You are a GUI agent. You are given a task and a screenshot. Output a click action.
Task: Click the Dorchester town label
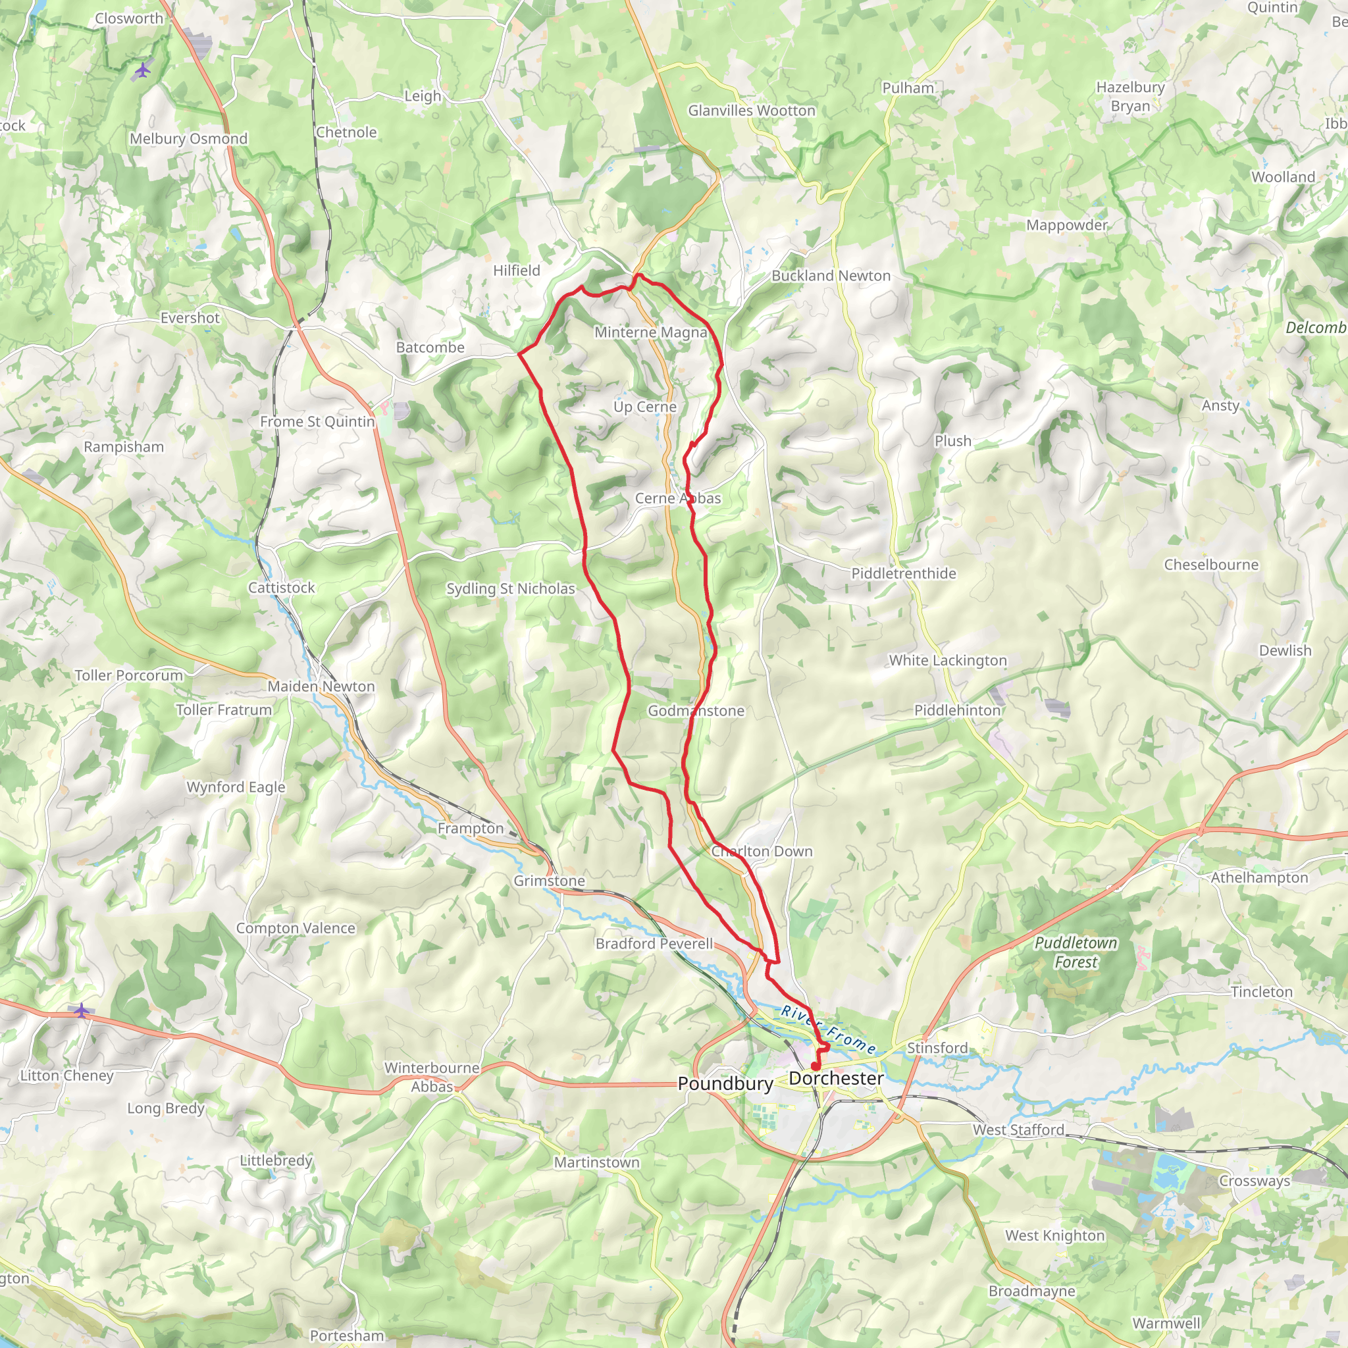(836, 1078)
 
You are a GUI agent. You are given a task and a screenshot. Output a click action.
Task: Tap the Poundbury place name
(725, 1083)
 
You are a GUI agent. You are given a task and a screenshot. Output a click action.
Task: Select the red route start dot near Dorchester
(815, 1066)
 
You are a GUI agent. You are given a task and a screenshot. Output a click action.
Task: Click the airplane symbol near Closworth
(142, 70)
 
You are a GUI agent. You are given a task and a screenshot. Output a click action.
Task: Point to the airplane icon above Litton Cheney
(82, 1010)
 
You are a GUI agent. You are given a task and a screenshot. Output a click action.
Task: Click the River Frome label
(828, 1030)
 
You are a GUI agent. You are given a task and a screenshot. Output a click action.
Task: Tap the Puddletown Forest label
(1076, 952)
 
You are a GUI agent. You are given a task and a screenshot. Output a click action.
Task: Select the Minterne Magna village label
(650, 332)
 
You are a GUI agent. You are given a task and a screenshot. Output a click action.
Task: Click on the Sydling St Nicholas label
(511, 588)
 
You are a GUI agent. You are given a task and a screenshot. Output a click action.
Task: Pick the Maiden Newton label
(321, 686)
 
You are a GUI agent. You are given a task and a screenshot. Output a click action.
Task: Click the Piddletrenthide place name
(903, 573)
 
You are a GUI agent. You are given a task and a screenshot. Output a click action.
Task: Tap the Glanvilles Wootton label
(752, 110)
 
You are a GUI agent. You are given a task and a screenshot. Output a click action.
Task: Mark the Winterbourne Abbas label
(432, 1077)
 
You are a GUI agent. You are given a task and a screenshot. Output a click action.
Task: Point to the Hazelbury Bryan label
(1130, 96)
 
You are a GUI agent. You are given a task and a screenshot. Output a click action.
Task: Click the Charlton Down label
(762, 850)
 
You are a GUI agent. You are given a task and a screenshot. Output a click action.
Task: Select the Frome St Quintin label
(317, 421)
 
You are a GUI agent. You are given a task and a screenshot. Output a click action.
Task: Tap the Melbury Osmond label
(188, 138)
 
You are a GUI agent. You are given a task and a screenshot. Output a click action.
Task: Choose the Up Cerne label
(644, 406)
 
